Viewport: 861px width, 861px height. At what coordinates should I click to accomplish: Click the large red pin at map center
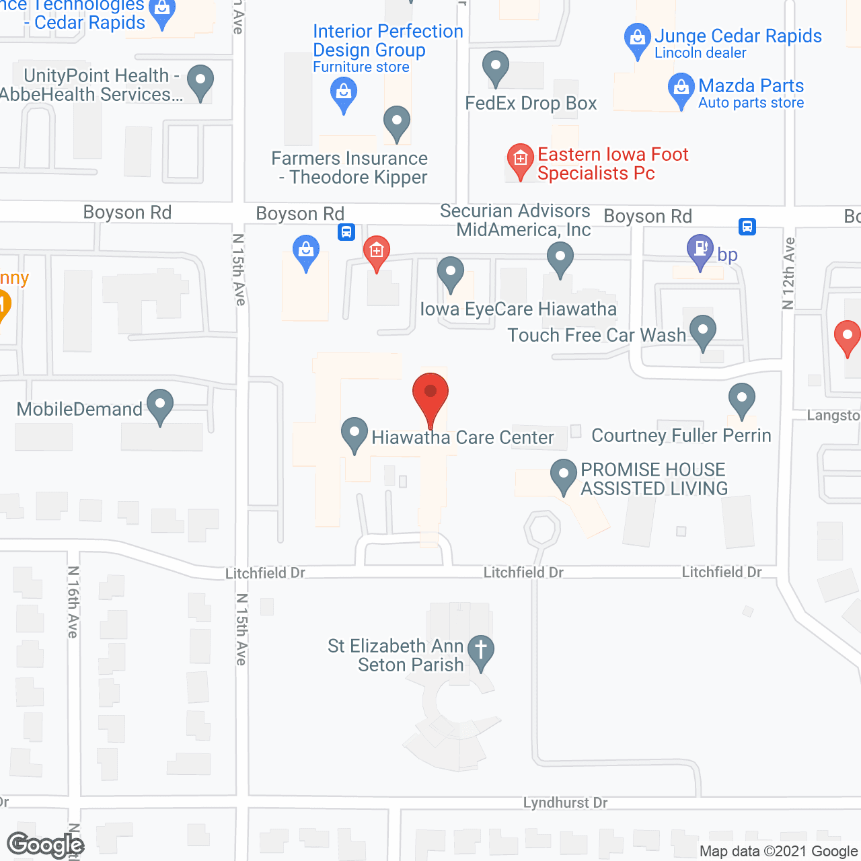[430, 396]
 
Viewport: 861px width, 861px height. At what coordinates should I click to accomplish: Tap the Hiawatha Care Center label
[463, 438]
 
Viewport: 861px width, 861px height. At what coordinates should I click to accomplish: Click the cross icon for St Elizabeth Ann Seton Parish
[480, 650]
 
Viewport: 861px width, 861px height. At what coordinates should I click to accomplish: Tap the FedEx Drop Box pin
[496, 67]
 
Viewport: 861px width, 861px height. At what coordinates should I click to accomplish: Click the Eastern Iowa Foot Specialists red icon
[519, 160]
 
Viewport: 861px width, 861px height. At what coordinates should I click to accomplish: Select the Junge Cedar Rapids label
[738, 36]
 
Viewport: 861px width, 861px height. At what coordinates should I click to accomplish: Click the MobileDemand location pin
[159, 405]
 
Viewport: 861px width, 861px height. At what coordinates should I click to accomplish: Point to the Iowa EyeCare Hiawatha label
[518, 309]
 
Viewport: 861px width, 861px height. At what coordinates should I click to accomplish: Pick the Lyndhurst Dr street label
[565, 803]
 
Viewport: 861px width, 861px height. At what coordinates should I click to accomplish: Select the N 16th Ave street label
[73, 602]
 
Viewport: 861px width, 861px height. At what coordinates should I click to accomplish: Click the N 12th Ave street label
[789, 273]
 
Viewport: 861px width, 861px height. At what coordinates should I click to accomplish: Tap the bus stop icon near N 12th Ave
[747, 227]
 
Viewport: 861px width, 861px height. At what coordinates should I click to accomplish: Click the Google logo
[45, 845]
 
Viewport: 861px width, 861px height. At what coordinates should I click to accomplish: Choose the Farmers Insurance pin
[397, 122]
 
